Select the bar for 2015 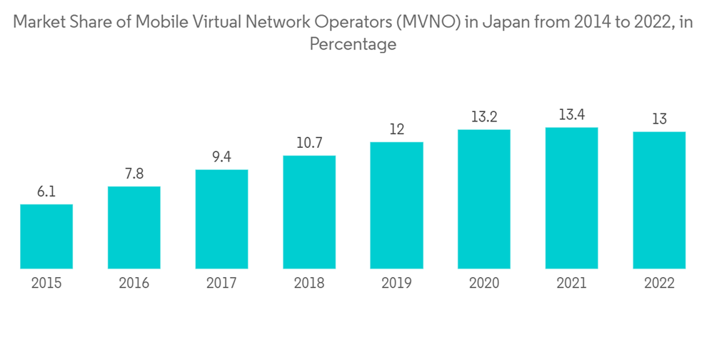click(x=46, y=236)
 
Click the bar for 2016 click(x=134, y=228)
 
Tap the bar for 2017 click(x=221, y=219)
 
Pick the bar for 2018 click(x=309, y=212)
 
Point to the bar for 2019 click(x=396, y=206)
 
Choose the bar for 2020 click(x=484, y=199)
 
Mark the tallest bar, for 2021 click(x=571, y=198)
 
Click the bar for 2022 click(x=659, y=200)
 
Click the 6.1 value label click(x=46, y=192)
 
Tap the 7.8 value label click(x=134, y=174)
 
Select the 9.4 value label click(x=221, y=157)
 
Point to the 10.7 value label click(x=309, y=143)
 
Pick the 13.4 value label click(x=571, y=115)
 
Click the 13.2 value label click(x=484, y=117)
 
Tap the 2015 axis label click(x=46, y=284)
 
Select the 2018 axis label click(x=309, y=284)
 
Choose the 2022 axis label click(x=659, y=284)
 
